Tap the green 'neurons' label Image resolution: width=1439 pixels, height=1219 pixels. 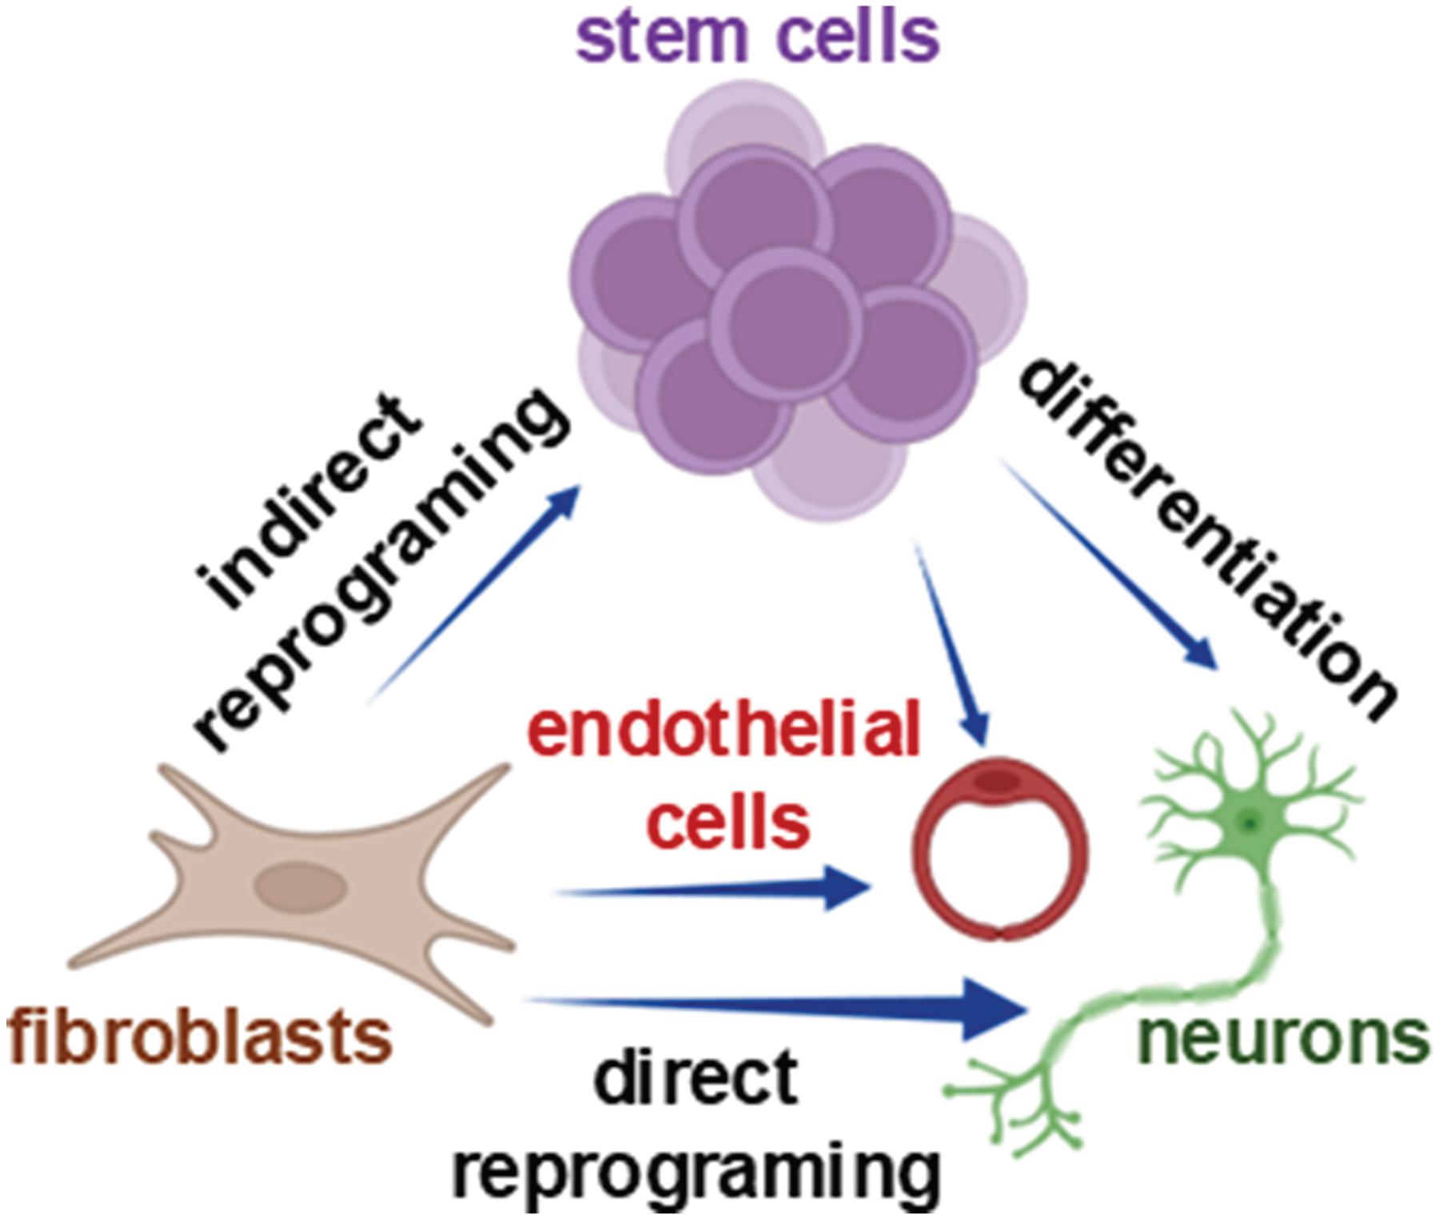[x=1284, y=1038]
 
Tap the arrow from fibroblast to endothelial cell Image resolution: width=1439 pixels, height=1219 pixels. [x=712, y=889]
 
